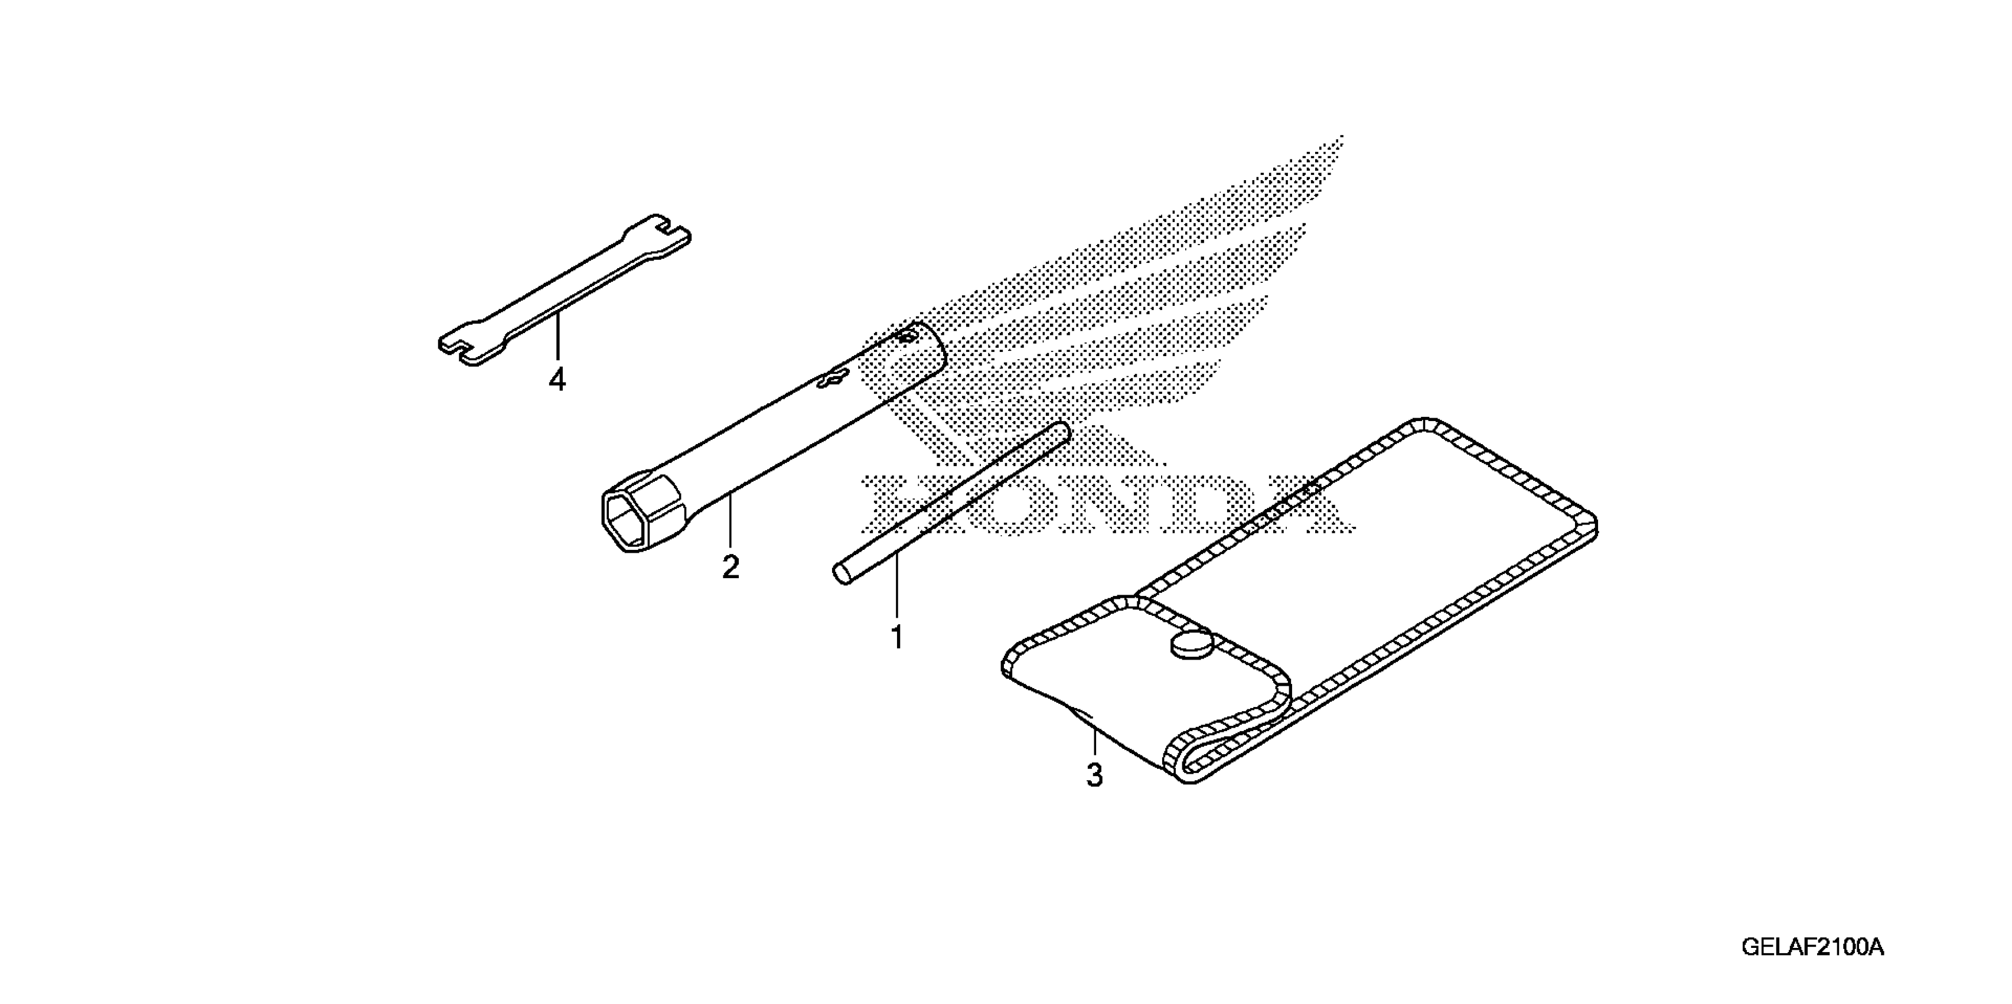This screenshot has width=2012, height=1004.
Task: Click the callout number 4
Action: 557,380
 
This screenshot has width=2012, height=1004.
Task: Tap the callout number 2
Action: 731,567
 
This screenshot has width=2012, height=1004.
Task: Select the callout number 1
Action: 898,638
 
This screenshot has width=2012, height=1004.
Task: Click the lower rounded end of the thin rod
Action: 840,575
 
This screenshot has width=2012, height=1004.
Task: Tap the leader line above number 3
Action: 1095,742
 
